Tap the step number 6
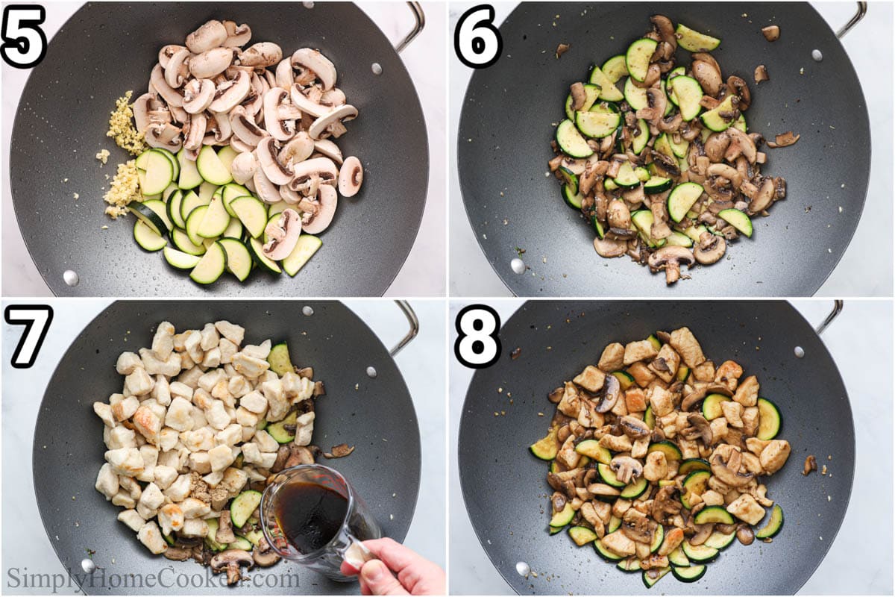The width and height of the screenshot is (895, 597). point(477,36)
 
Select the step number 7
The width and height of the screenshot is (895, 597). point(28,335)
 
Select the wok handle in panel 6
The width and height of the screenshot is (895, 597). point(852,19)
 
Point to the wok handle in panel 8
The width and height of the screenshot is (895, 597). point(829,317)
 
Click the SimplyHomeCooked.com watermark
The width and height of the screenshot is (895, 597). point(153,578)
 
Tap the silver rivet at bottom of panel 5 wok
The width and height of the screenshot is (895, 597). point(70,278)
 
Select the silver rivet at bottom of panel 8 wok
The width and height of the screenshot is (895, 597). point(523,569)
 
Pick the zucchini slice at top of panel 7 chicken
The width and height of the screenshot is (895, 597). point(280,359)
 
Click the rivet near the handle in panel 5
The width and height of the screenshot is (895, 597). point(376,69)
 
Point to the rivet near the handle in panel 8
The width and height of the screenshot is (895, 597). point(800,351)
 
